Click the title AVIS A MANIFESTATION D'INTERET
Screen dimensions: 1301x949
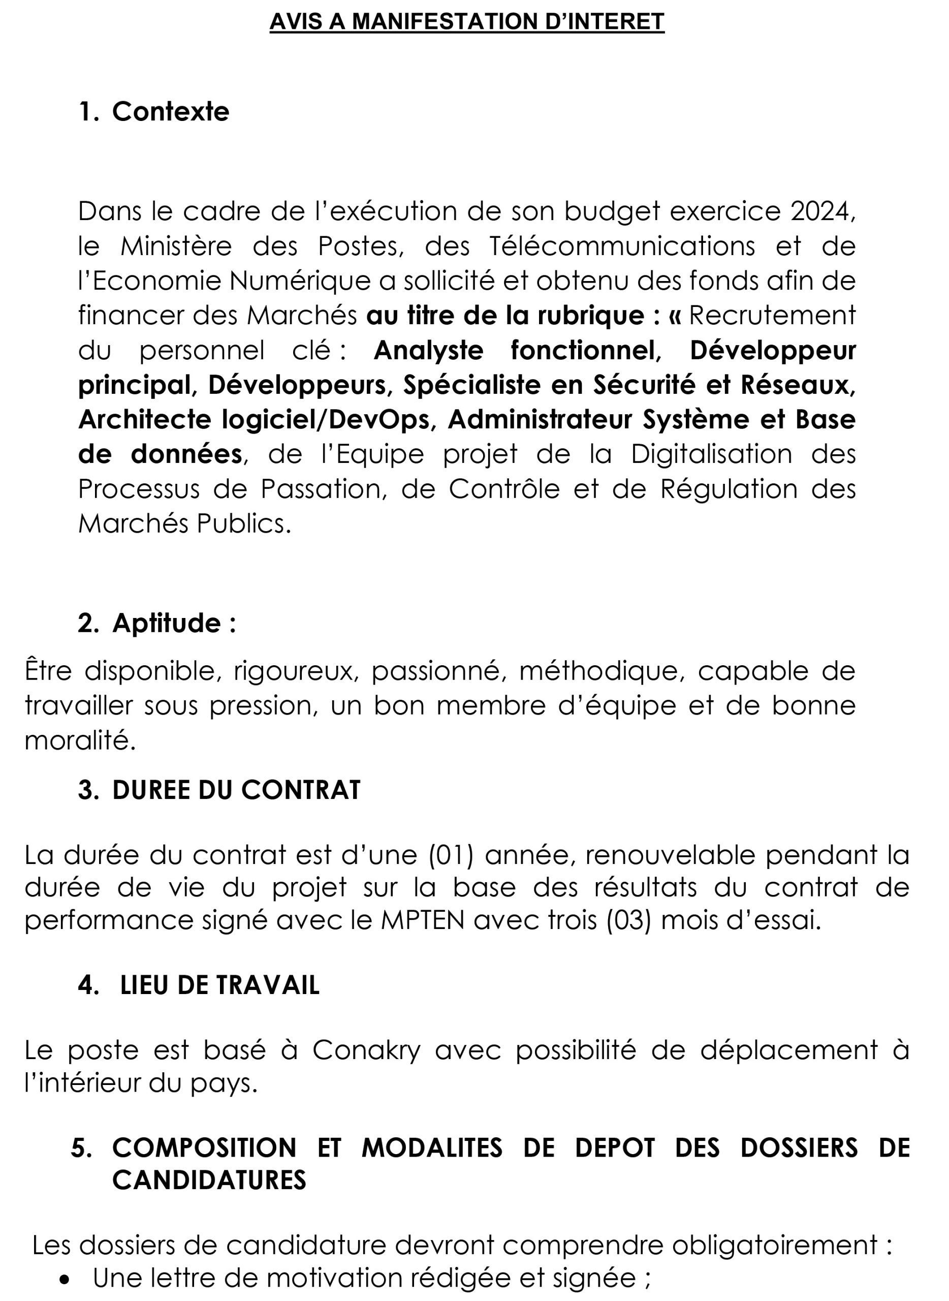[466, 22]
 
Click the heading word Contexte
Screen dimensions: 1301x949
[171, 111]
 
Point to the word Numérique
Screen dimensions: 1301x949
[300, 281]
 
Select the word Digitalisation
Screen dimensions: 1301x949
[711, 454]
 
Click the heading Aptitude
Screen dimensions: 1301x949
[167, 623]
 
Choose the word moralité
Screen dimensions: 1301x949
[79, 741]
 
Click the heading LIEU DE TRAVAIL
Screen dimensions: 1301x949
[219, 985]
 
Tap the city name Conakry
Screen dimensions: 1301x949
[366, 1050]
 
